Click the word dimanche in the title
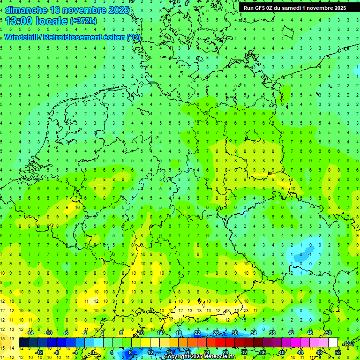click(x=26, y=9)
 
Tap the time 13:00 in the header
click(x=20, y=21)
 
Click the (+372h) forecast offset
click(x=83, y=21)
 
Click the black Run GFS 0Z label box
click(x=294, y=7)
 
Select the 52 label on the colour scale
click(x=337, y=352)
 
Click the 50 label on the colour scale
click(x=328, y=333)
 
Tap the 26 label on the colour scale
click(x=216, y=333)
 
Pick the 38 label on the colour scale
click(x=272, y=333)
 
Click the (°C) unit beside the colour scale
click(x=348, y=343)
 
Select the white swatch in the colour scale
click(x=333, y=343)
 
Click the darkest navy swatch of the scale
click(x=23, y=343)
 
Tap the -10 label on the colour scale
click(x=48, y=333)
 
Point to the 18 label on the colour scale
click(x=179, y=333)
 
